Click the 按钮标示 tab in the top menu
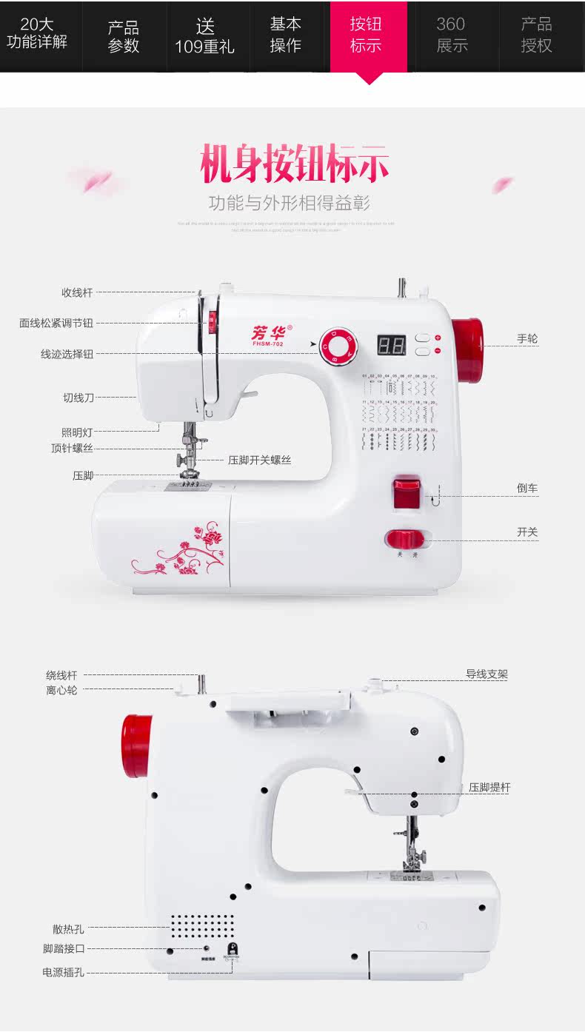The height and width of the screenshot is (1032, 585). point(368,36)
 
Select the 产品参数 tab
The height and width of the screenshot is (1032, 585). point(124,36)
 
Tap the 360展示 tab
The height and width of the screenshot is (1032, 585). point(452,36)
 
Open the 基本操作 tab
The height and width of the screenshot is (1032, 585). point(285,36)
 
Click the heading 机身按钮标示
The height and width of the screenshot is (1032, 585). point(294,165)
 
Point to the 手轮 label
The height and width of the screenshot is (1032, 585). point(527,339)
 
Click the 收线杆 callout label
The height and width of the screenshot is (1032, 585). point(77,292)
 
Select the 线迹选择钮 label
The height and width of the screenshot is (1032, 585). point(67,354)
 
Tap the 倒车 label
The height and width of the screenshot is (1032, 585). point(527,488)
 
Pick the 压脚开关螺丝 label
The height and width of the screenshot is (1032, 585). point(259,460)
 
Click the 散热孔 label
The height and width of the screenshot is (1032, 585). point(68,929)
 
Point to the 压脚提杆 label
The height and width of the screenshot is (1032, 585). point(489,788)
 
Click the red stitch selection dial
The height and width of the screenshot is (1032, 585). point(338,347)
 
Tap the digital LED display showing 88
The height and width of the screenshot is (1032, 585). point(391,344)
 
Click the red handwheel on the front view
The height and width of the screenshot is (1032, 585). point(467,351)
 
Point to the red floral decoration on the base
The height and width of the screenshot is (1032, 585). point(182,552)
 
